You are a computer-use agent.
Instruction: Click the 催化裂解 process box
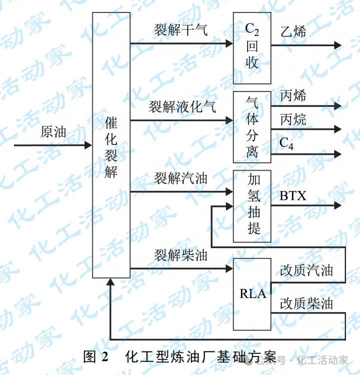tap(111, 145)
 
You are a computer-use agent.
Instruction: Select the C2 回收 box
tap(252, 47)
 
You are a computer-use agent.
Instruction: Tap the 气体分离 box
tap(252, 127)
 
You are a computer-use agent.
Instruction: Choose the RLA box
tap(252, 294)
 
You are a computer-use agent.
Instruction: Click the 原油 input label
tap(53, 132)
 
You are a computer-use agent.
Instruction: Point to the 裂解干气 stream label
tap(180, 30)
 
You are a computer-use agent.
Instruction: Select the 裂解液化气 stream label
tap(182, 106)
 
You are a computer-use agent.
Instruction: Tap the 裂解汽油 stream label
tap(180, 178)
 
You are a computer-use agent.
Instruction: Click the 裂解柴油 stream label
tap(180, 255)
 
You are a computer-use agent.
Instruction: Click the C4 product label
tap(286, 143)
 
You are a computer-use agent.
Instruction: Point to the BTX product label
tap(293, 195)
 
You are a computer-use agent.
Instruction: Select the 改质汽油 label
tap(306, 270)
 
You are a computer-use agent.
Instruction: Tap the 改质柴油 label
tap(306, 303)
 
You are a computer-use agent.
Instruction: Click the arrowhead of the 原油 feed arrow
tap(88, 145)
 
